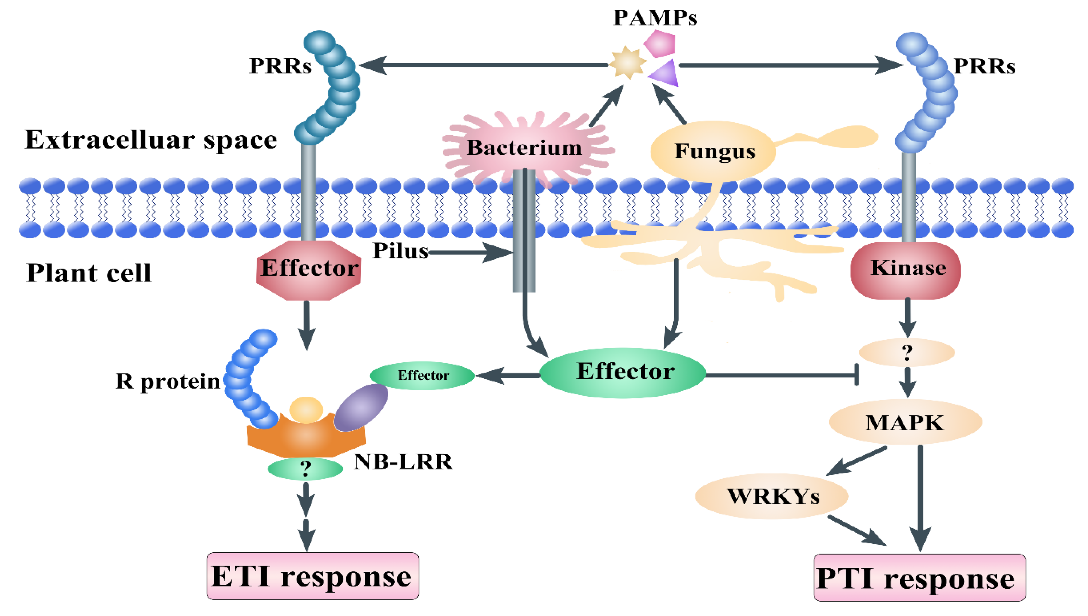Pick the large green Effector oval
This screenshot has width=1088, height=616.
point(623,372)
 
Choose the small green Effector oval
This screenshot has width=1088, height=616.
point(422,375)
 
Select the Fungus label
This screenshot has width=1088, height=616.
point(715,151)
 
